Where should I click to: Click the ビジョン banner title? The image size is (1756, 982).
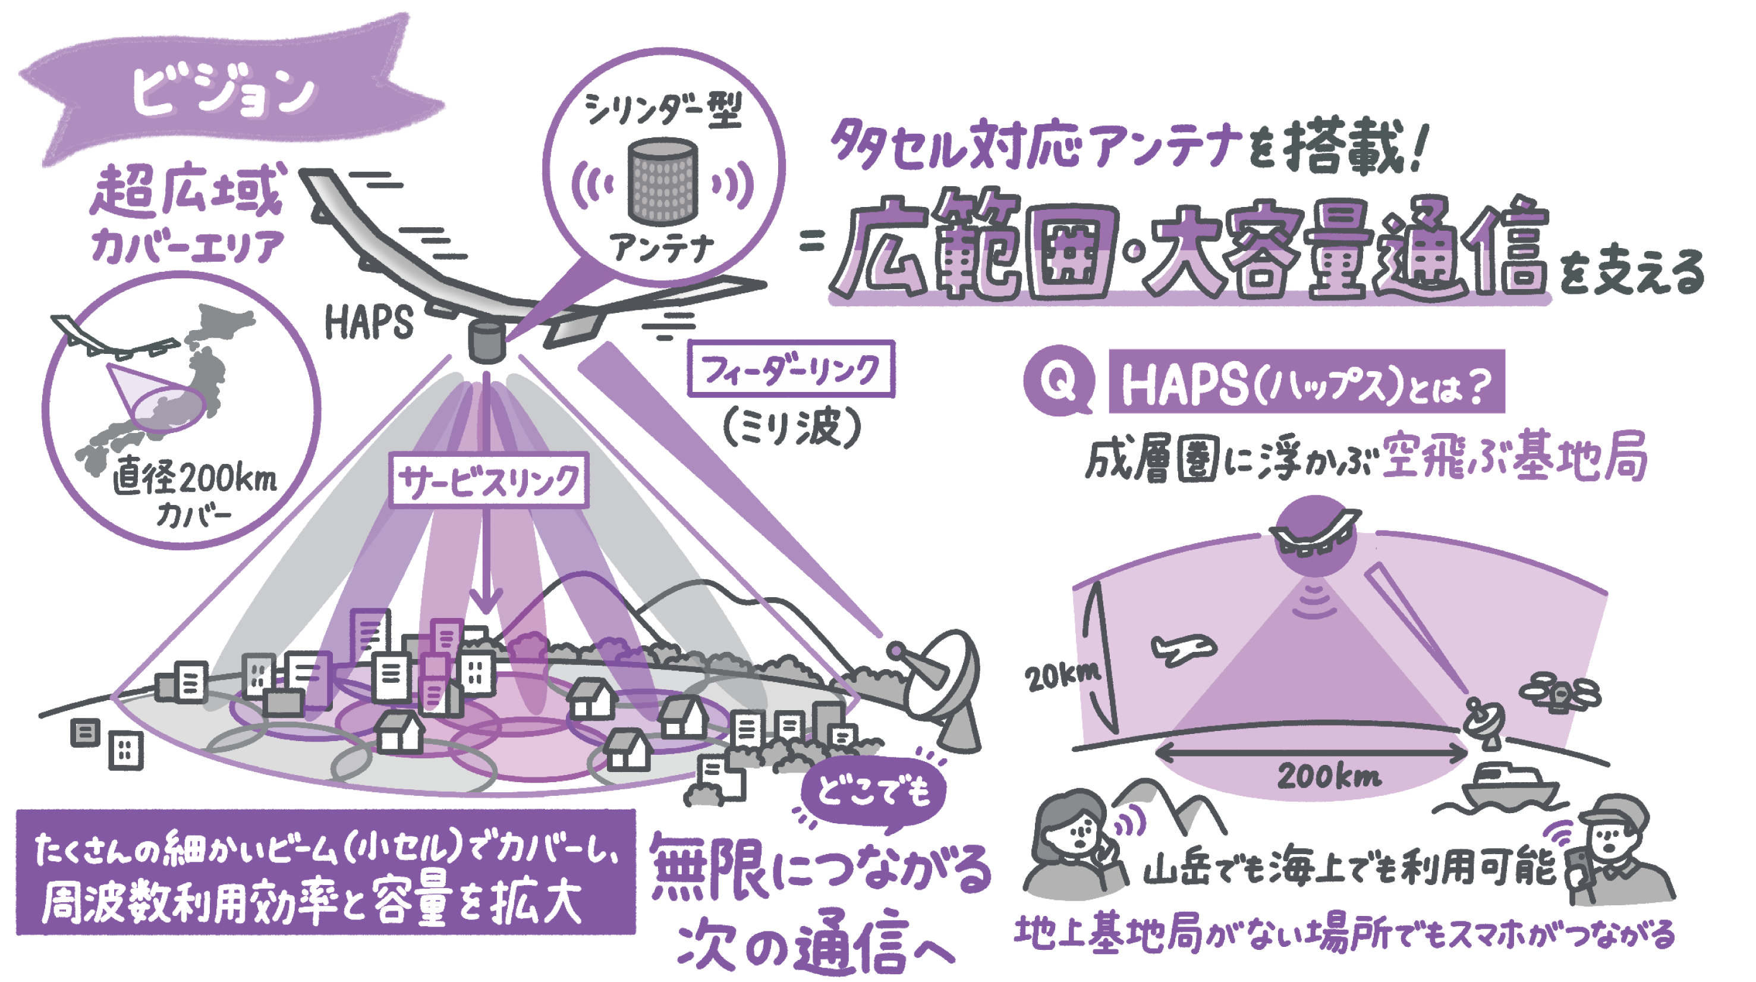click(x=224, y=93)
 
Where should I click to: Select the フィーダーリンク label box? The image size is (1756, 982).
click(x=791, y=369)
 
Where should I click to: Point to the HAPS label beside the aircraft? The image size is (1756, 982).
click(x=369, y=322)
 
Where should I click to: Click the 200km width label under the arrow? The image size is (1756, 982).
click(x=1329, y=776)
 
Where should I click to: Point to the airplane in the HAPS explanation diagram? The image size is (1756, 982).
click(x=1183, y=648)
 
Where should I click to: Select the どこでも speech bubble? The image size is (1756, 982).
click(x=873, y=791)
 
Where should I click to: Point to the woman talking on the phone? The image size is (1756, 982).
click(x=1077, y=846)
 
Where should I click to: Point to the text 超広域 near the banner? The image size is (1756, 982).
click(x=185, y=193)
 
